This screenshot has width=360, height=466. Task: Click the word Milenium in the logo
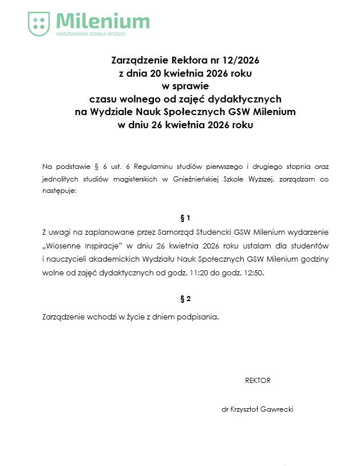(103, 22)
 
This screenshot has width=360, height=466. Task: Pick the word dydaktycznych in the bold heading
(247, 98)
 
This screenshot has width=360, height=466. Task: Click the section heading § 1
(185, 218)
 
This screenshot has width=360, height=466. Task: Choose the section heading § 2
(185, 299)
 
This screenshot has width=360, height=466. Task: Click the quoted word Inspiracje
(104, 246)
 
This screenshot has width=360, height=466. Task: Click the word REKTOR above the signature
(258, 381)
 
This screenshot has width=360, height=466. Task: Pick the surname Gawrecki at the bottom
(277, 410)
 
